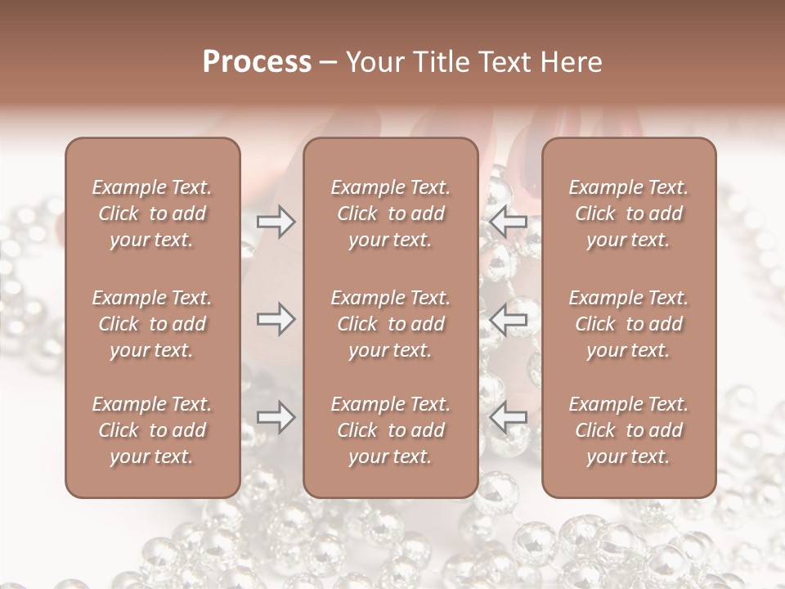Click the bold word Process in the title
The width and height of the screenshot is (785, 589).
tap(257, 62)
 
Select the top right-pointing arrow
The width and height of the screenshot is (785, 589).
tap(276, 221)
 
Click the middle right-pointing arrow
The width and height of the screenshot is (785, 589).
tap(276, 319)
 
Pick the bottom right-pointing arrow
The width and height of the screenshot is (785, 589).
tap(276, 418)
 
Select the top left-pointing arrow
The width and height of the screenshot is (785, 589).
tap(509, 221)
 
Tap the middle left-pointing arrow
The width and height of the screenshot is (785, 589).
tap(509, 319)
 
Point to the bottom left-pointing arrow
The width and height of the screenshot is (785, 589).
tap(509, 418)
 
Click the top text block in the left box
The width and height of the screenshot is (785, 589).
tap(152, 214)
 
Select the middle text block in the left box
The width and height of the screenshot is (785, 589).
tap(152, 324)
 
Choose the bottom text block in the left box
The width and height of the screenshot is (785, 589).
tap(152, 430)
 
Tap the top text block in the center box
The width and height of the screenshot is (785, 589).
tap(390, 214)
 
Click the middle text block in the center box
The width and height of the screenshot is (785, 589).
tap(390, 324)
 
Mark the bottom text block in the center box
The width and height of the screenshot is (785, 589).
tap(390, 430)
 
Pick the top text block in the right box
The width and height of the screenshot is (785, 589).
tap(628, 214)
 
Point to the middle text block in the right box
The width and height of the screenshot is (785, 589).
tap(628, 324)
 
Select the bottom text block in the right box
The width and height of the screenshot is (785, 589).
tap(628, 430)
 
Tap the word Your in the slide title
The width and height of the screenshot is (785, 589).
tap(373, 62)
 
